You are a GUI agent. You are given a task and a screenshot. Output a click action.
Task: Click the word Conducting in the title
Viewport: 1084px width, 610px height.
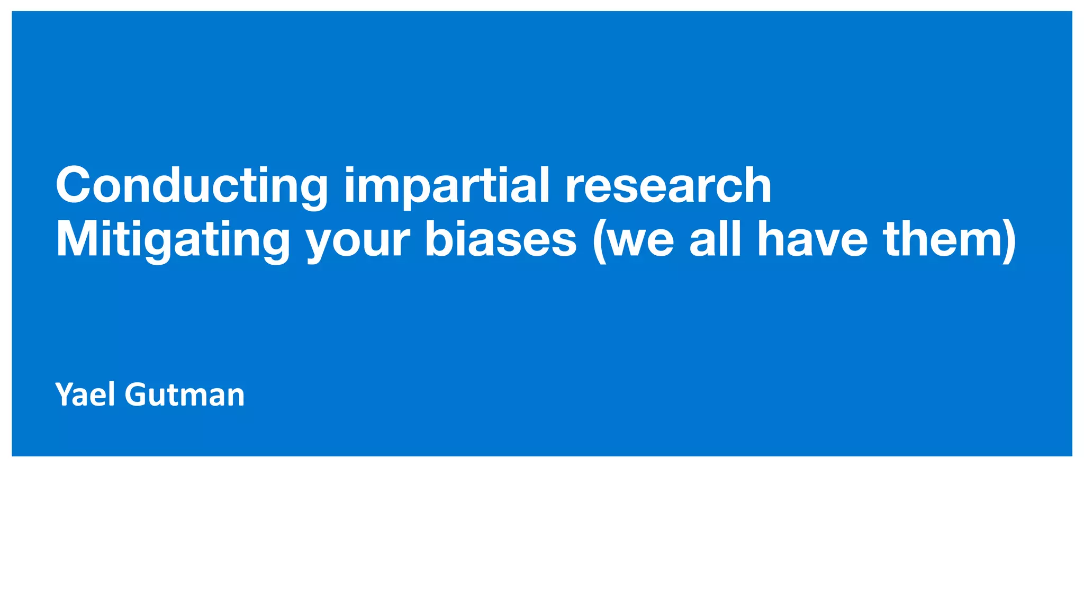pos(192,185)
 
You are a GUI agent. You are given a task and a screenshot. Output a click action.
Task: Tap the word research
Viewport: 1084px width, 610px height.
pos(668,185)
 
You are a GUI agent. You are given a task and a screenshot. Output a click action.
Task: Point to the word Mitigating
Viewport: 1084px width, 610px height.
pos(173,240)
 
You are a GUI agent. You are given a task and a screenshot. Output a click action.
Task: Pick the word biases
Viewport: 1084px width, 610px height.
pos(500,240)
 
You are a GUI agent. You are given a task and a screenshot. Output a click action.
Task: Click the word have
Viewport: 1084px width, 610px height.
pos(812,240)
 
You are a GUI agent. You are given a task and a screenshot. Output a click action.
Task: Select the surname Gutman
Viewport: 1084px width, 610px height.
pos(185,395)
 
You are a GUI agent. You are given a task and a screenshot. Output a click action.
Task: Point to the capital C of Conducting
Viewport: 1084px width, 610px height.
pos(74,185)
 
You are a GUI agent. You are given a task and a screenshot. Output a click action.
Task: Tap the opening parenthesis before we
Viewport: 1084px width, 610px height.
pos(599,241)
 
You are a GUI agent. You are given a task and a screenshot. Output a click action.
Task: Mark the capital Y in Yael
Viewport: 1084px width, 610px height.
pos(65,395)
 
